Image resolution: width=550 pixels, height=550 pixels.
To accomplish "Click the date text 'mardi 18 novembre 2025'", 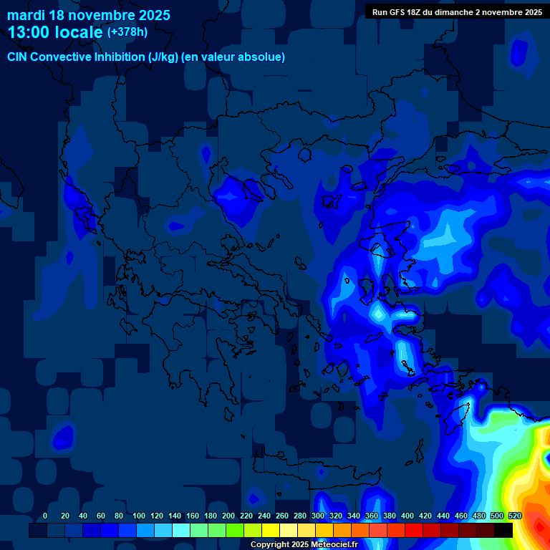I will coord(89,15).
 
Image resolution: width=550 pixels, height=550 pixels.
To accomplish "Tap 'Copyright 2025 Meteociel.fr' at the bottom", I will coord(304,544).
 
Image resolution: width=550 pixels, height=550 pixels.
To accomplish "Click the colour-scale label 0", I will coord(45,516).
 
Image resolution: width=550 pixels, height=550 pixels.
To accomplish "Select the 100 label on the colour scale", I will coord(139,516).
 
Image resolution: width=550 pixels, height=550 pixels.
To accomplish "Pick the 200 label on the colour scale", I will coord(228,516).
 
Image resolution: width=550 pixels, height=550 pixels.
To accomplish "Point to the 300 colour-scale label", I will coord(318,516).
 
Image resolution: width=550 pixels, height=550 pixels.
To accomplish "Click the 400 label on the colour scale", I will coord(407,516).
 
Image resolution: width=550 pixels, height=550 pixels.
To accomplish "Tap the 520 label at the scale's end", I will coord(514,516).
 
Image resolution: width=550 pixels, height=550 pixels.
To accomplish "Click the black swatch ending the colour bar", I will coord(503,530).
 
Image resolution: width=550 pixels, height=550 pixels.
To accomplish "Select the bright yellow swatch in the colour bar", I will coord(271,530).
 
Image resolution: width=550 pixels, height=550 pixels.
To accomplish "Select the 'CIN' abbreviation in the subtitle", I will coord(18,57).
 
